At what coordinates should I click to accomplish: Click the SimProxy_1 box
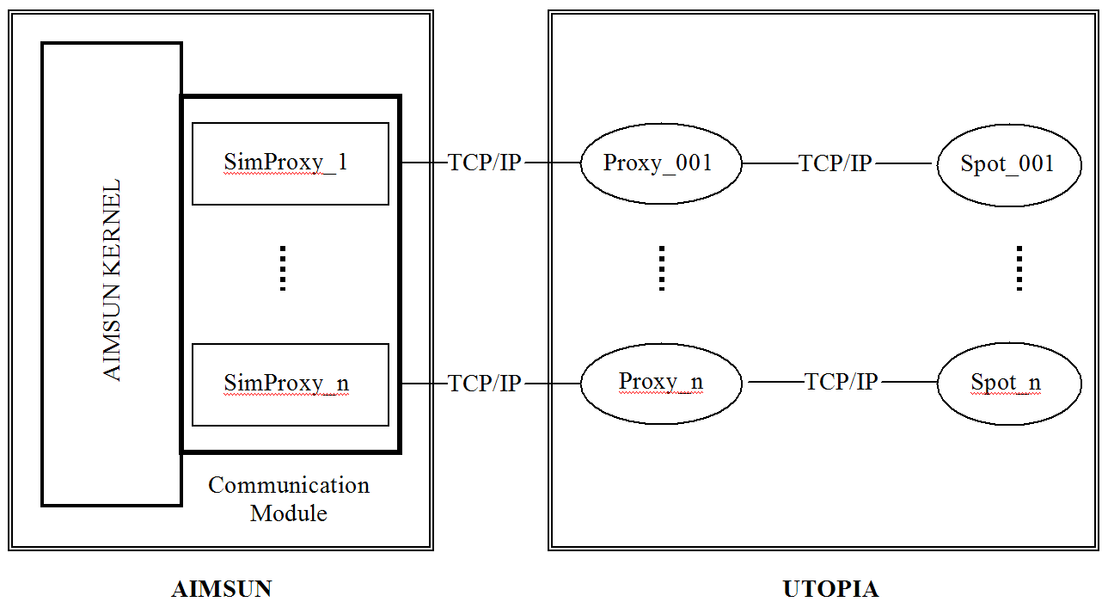pos(290,163)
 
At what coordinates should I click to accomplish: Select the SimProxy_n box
pos(290,384)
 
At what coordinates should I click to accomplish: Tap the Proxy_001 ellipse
pos(660,163)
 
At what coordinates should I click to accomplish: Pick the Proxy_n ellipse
pos(660,383)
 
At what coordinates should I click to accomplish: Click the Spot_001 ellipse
pos(1008,163)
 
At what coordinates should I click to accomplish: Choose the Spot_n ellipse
pos(1008,384)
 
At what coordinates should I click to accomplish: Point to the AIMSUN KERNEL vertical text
pos(112,279)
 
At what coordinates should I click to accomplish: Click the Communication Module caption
pos(289,499)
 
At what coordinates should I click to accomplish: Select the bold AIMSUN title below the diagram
pos(222,589)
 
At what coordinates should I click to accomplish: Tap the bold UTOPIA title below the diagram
pos(830,589)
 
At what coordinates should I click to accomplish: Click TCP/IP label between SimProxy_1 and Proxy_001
pos(485,163)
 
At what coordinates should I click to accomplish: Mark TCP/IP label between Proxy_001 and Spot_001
pos(836,163)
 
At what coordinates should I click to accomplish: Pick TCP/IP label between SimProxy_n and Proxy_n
pos(485,384)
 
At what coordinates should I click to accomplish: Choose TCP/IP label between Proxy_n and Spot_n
pos(841,382)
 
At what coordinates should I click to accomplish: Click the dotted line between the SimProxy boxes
pos(282,268)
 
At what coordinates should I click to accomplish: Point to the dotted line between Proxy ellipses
pos(661,268)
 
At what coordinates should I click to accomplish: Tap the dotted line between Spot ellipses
pos(1019,268)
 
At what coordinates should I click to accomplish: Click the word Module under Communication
pos(289,513)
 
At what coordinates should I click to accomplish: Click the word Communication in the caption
pos(289,485)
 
